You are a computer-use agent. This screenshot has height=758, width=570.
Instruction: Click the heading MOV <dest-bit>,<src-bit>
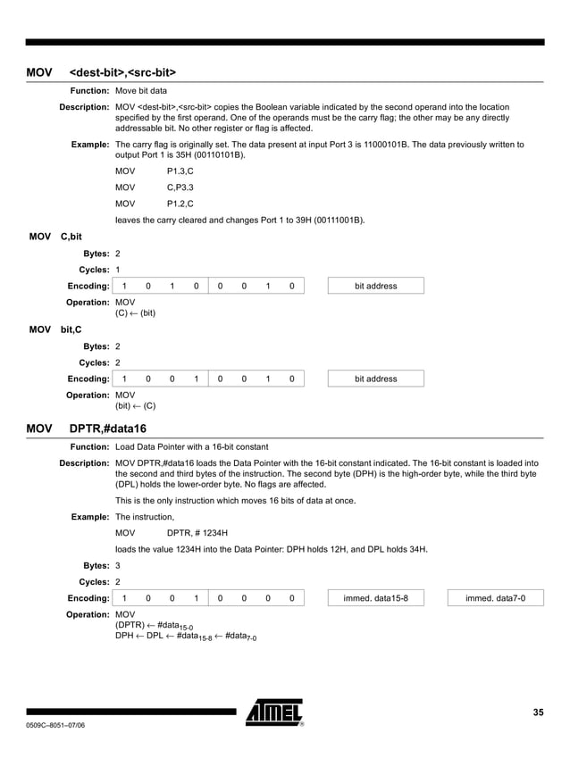pos(101,71)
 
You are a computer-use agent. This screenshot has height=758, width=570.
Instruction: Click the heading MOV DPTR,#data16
pos(87,429)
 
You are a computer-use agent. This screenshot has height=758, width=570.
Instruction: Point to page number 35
pos(538,712)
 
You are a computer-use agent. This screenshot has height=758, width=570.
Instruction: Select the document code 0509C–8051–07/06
pos(55,725)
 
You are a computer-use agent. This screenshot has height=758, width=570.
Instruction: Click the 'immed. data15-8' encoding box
pos(375,597)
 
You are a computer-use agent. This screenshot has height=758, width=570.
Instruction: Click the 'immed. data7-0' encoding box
pos(495,597)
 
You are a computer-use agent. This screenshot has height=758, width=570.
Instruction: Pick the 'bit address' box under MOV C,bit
pos(375,286)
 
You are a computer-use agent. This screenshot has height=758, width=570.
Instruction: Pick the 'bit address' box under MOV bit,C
pos(375,379)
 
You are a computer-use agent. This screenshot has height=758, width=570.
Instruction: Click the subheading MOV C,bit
pos(55,237)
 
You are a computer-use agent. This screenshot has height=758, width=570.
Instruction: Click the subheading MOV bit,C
pos(55,329)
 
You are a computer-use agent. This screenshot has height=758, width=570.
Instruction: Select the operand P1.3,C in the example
pos(180,171)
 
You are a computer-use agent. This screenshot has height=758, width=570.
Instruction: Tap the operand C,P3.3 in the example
pos(180,187)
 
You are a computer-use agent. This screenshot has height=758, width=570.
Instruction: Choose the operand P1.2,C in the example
pos(180,204)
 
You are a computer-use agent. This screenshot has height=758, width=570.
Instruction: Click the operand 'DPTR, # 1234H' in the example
pos(197,532)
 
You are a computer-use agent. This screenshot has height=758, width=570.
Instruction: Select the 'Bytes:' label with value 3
pos(96,565)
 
